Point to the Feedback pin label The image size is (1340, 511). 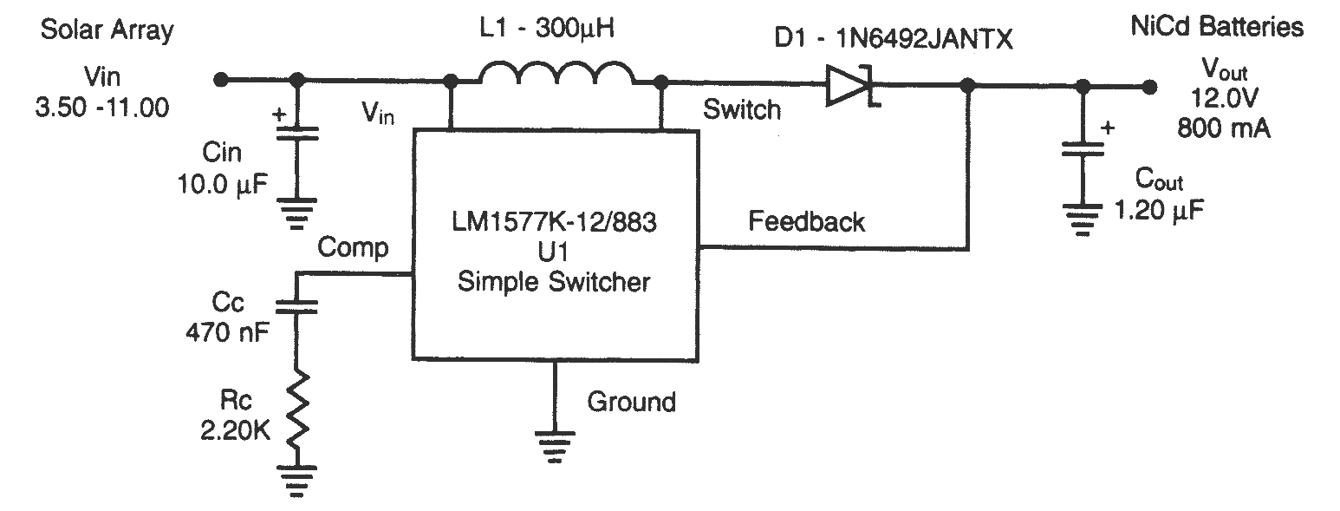[x=806, y=222]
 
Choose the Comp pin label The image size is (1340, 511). [x=353, y=248]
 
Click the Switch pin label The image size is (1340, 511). [x=741, y=110]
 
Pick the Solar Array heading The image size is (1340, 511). [x=107, y=31]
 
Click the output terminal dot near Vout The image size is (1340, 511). [x=1149, y=87]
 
